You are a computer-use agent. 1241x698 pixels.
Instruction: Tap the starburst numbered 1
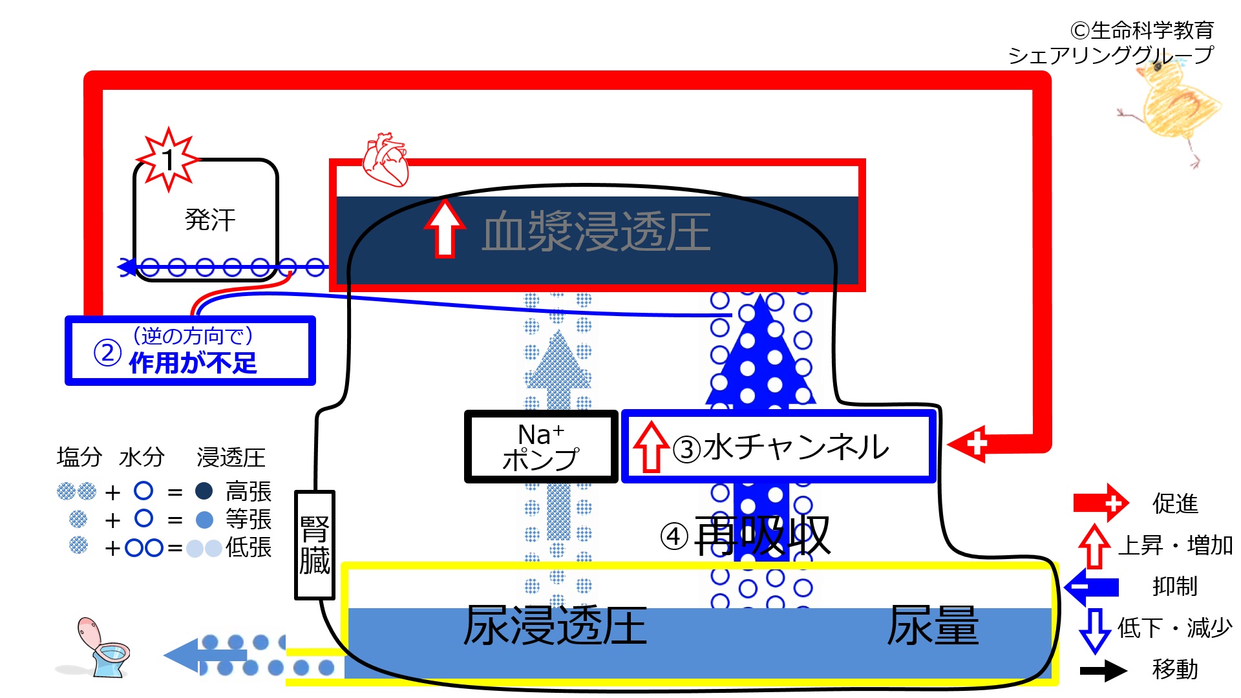point(168,159)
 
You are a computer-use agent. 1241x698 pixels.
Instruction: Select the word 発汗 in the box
point(210,220)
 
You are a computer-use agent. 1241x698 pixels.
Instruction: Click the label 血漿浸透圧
point(596,231)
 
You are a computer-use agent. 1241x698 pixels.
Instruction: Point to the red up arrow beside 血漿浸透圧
point(445,228)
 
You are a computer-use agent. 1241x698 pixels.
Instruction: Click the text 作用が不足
point(193,363)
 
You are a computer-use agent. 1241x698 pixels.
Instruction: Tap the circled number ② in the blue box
point(107,353)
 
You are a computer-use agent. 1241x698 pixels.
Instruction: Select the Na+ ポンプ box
point(541,447)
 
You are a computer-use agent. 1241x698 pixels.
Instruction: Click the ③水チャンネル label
point(781,447)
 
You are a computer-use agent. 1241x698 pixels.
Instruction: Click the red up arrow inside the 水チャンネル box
point(651,447)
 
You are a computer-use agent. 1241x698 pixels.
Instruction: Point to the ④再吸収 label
point(745,535)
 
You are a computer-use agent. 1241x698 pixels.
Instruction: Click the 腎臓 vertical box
point(314,545)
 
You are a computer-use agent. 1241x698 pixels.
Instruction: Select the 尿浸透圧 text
point(555,626)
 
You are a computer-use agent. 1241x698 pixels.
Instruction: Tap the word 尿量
point(933,625)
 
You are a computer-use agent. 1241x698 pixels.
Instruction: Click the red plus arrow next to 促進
point(1101,503)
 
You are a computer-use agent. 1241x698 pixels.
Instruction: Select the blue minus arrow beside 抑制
point(1092,587)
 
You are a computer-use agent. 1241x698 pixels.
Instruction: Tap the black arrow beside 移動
point(1103,670)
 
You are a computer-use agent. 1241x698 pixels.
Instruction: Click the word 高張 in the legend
point(248,492)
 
